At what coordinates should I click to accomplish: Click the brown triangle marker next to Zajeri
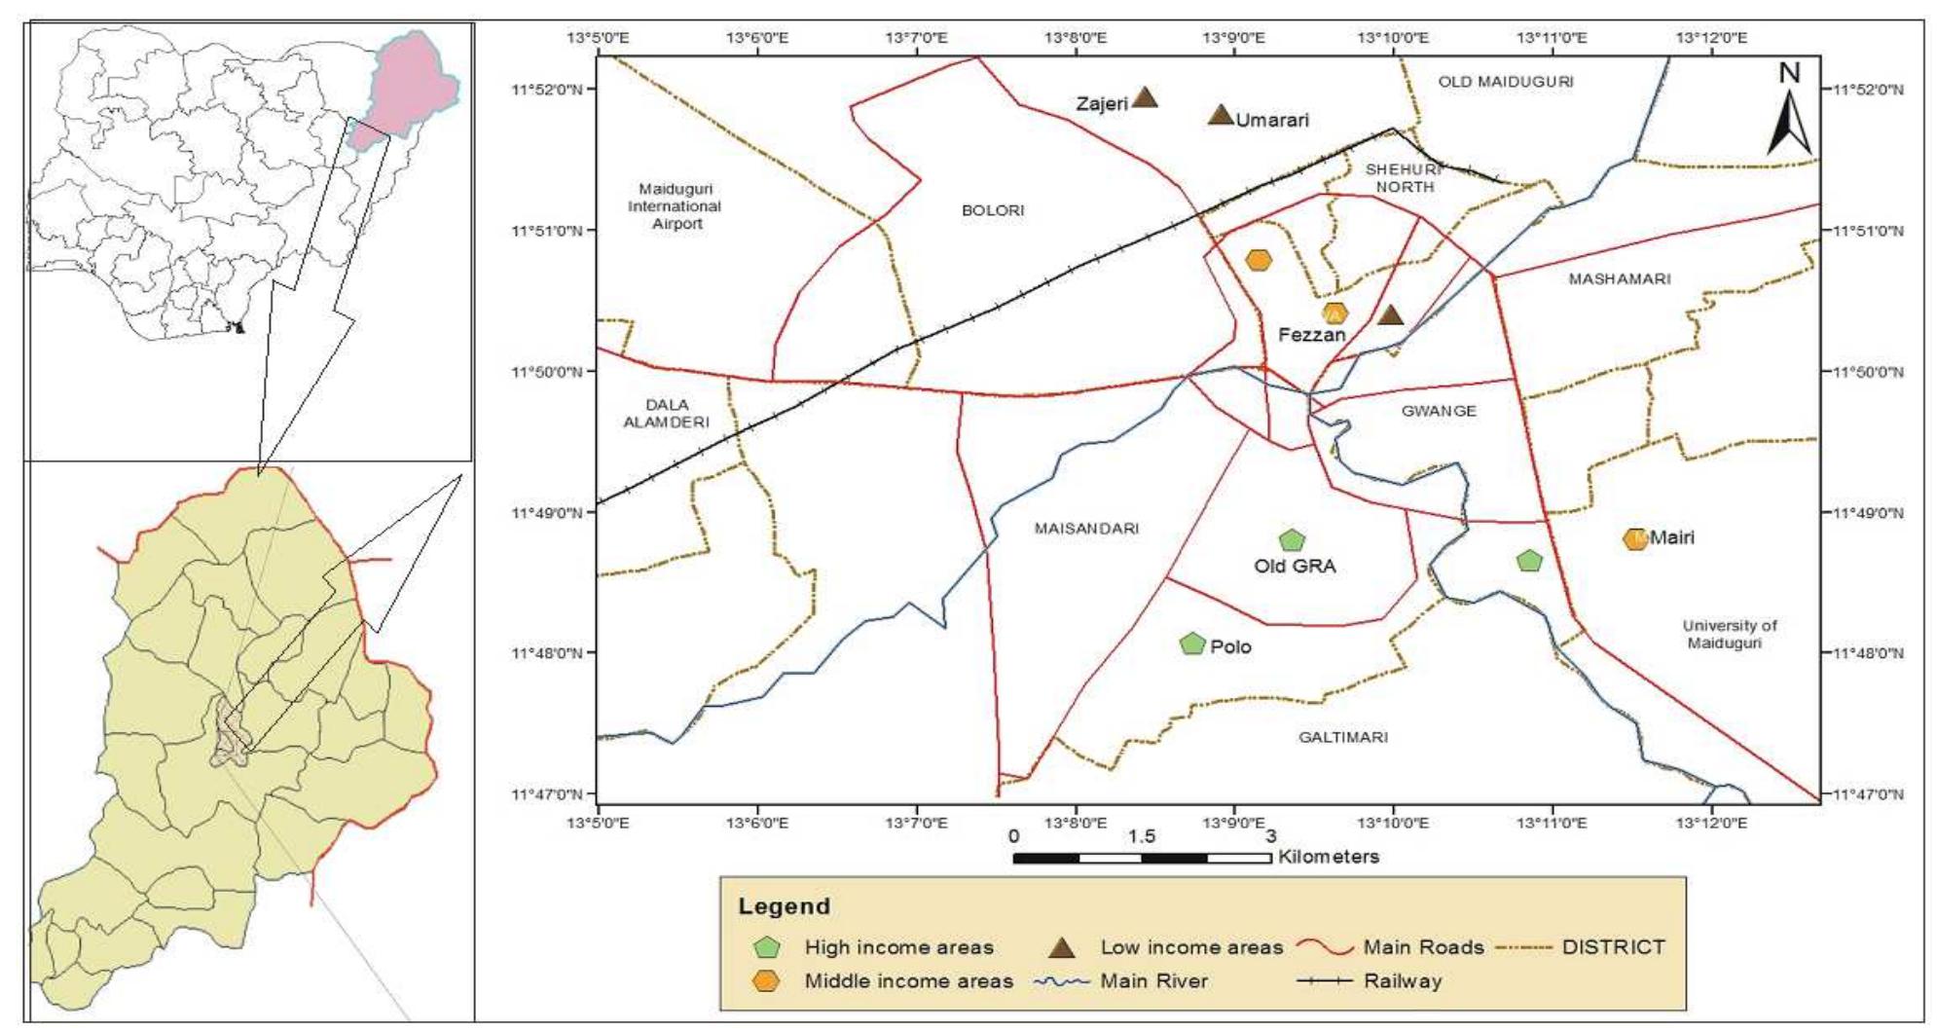click(1145, 96)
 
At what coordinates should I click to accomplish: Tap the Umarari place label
click(1272, 121)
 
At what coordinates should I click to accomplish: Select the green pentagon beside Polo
click(1192, 644)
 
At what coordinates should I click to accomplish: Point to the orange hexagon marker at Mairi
click(1635, 538)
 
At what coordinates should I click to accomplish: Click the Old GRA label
click(1295, 567)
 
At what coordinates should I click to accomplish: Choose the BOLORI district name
click(993, 210)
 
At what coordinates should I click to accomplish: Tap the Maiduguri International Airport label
click(675, 206)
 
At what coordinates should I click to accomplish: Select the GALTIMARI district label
click(1343, 737)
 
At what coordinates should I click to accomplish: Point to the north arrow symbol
click(1789, 111)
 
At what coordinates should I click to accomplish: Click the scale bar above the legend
click(1142, 858)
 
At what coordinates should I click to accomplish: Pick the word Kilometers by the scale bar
click(1329, 858)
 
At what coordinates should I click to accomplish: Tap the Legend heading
click(785, 906)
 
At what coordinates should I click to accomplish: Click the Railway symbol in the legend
click(1324, 981)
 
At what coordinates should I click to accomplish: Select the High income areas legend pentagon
click(768, 947)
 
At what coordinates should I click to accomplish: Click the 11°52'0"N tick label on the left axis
click(546, 91)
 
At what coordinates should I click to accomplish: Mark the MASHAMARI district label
click(1620, 279)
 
